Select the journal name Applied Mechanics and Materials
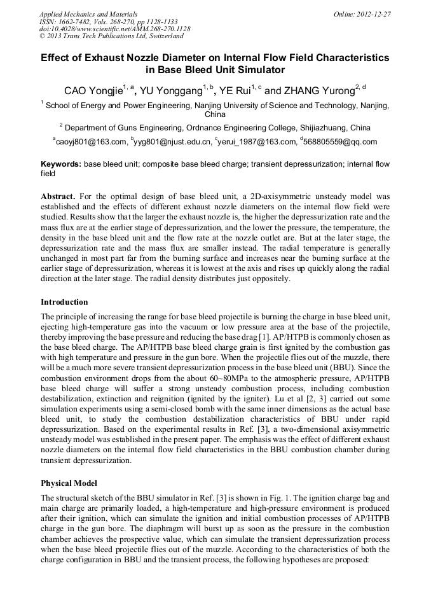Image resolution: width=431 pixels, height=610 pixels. pos(88,14)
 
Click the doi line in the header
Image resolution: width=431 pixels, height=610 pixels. pos(114,29)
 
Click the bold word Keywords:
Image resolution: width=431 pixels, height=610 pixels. pos(61,164)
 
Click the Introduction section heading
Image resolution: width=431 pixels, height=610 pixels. pos(64,302)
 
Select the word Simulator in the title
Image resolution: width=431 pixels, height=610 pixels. pos(260,71)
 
